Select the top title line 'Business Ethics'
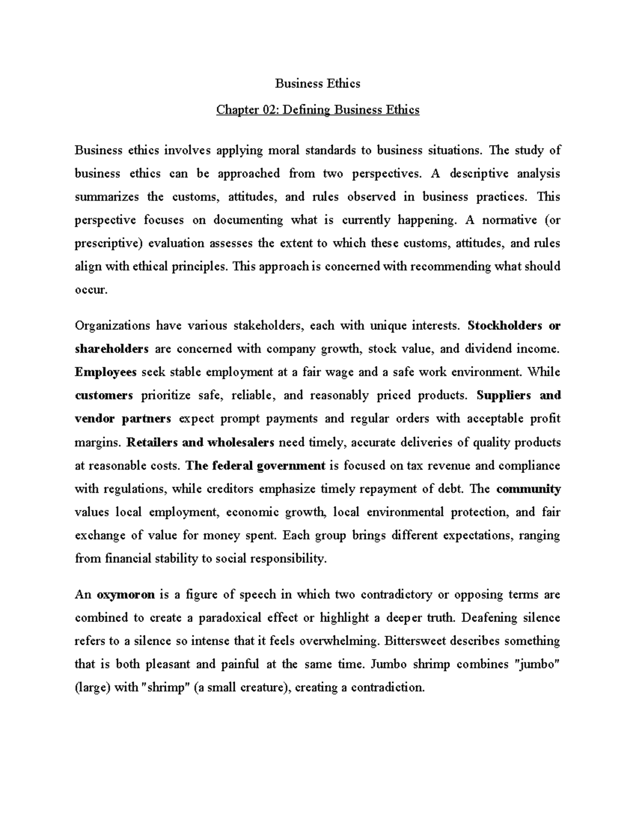(x=317, y=83)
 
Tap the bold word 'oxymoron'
(x=126, y=594)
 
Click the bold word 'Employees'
(x=105, y=372)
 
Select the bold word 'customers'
(x=104, y=395)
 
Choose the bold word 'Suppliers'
(x=503, y=395)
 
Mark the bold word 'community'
(x=528, y=489)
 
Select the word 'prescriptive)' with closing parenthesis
(x=109, y=244)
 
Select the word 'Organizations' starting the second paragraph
(x=112, y=325)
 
